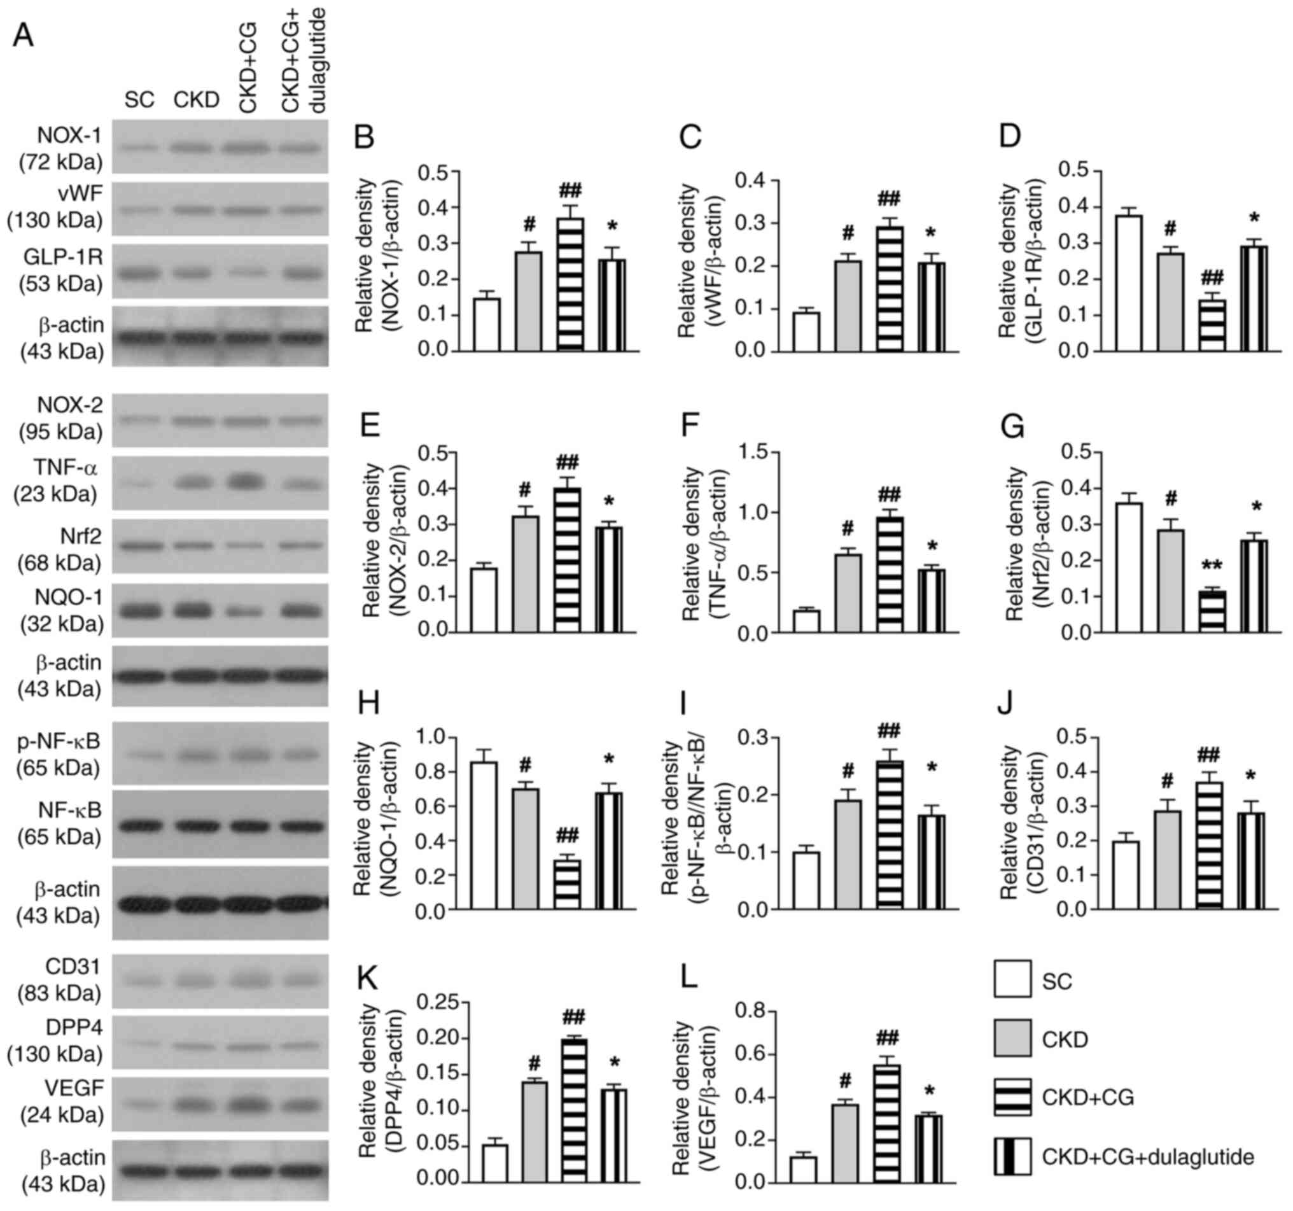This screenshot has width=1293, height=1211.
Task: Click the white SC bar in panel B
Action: click(487, 325)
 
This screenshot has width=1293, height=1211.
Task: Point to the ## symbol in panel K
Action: click(575, 1016)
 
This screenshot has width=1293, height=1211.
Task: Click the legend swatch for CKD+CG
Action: click(1012, 1097)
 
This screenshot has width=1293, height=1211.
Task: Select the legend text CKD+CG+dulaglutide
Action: click(1148, 1157)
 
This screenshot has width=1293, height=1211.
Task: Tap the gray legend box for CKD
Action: click(1012, 1038)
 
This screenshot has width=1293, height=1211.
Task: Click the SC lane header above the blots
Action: click(139, 100)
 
